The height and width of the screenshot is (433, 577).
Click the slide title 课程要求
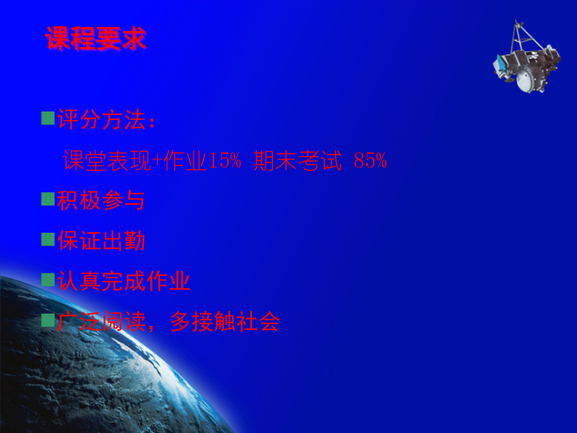tap(96, 38)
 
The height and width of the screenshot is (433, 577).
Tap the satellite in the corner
tap(526, 57)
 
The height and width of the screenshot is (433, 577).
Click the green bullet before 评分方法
tap(48, 118)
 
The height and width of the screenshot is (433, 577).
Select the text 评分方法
tap(101, 120)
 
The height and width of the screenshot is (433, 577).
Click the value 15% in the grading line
tap(225, 160)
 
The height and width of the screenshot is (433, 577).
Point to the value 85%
tap(370, 160)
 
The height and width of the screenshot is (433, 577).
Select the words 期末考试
tap(297, 160)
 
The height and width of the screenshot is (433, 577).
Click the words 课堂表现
tap(107, 160)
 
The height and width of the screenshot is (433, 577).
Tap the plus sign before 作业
tap(157, 161)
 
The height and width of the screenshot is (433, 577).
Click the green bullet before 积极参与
tap(48, 199)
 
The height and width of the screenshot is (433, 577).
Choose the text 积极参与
tap(101, 200)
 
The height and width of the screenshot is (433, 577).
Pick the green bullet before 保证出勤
tap(48, 239)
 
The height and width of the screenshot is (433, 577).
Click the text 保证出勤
tap(101, 241)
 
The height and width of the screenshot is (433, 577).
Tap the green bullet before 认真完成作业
tap(48, 280)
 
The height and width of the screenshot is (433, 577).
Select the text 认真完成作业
tap(124, 282)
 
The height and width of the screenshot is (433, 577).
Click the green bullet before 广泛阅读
tap(48, 320)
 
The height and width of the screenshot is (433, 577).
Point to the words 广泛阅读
tap(101, 322)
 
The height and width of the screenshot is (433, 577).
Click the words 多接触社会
tap(225, 322)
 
